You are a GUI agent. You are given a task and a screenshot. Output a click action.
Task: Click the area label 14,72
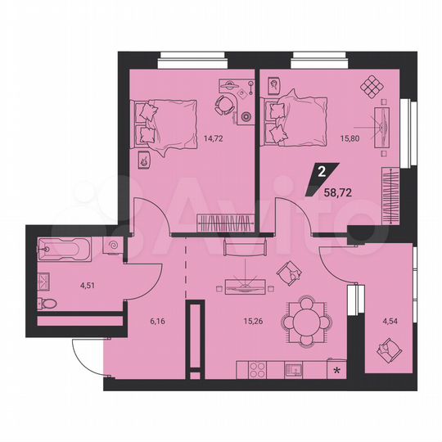click(213, 139)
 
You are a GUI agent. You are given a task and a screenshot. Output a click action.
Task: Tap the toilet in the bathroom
click(49, 304)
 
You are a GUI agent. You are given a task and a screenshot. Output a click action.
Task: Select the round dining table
click(305, 320)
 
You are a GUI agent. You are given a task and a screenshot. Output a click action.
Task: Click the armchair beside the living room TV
click(288, 273)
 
